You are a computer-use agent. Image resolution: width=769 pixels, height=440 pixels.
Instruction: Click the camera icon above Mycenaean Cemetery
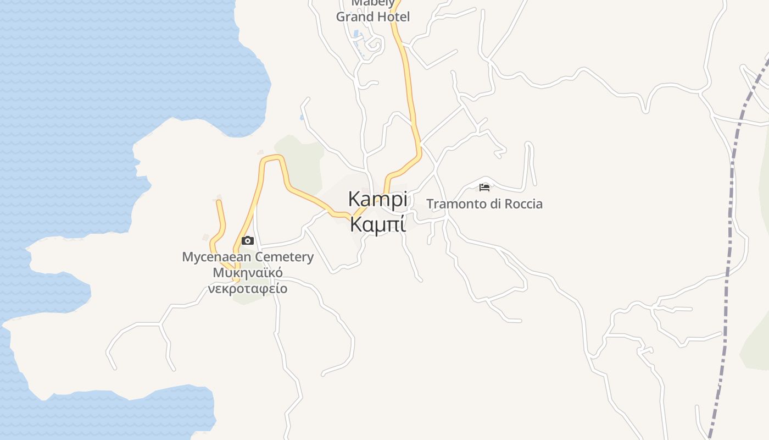tap(248, 240)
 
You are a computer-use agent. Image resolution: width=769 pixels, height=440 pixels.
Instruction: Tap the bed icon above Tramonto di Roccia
tap(484, 188)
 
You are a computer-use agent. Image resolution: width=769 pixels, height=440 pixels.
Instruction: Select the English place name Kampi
tap(378, 199)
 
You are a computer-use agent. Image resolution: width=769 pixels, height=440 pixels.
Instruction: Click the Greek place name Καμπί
tap(378, 224)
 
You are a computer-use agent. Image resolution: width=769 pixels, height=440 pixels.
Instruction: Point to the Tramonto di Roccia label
tap(484, 204)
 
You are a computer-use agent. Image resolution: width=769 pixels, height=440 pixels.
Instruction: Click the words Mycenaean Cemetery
tap(248, 257)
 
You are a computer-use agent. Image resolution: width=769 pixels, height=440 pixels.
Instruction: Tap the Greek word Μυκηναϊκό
tap(248, 273)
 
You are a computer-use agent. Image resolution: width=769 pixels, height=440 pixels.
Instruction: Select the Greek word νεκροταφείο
tap(248, 289)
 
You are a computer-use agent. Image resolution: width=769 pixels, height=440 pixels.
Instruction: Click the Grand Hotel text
tap(372, 17)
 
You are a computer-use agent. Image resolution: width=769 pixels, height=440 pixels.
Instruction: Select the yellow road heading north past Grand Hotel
tap(408, 82)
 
